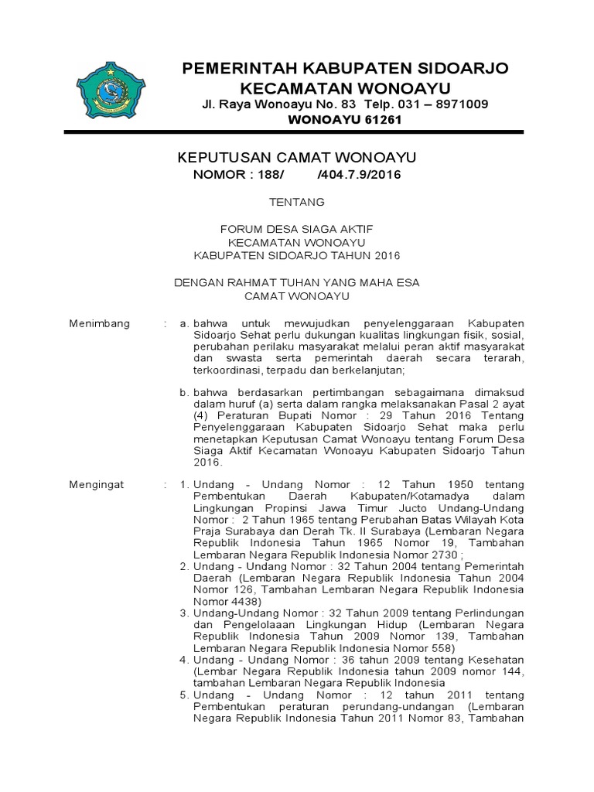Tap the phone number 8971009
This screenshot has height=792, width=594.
pyautogui.click(x=461, y=104)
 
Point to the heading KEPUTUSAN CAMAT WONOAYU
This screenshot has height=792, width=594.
pyautogui.click(x=297, y=158)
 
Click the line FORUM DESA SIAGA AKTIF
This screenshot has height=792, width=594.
pyautogui.click(x=297, y=229)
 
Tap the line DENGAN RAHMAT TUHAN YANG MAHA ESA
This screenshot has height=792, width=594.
pyautogui.click(x=296, y=283)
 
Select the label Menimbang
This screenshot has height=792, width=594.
pyautogui.click(x=100, y=323)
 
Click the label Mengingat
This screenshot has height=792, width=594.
pyautogui.click(x=97, y=483)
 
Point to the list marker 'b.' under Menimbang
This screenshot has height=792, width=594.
pyautogui.click(x=184, y=392)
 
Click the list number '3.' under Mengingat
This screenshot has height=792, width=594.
pyautogui.click(x=184, y=613)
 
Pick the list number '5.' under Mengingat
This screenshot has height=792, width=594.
pyautogui.click(x=184, y=695)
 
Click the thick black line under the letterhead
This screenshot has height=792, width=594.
pyautogui.click(x=296, y=134)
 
